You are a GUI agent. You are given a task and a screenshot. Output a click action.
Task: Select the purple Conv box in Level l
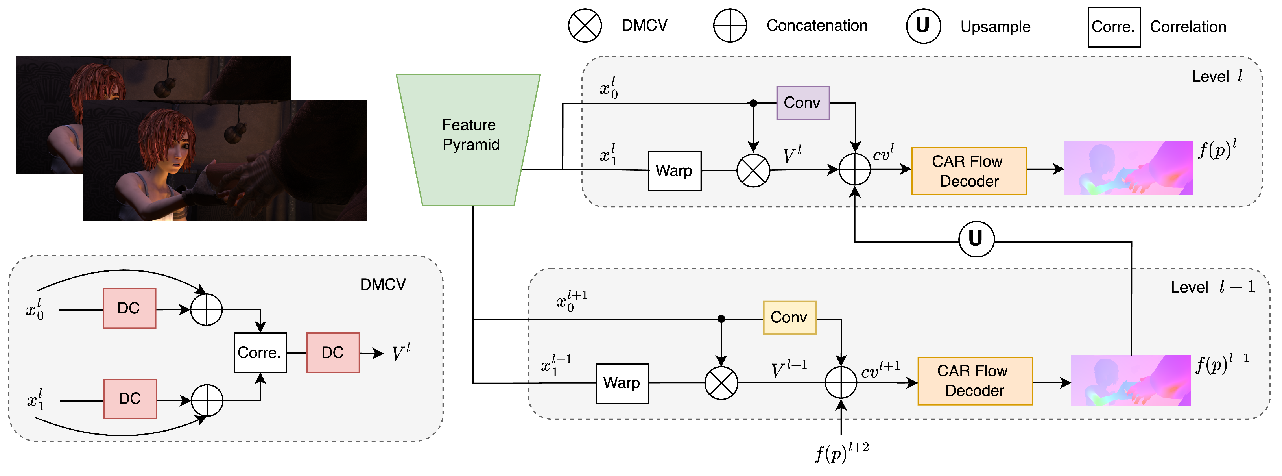click(x=802, y=103)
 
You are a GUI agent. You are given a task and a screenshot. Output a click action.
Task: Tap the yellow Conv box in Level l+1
click(x=789, y=317)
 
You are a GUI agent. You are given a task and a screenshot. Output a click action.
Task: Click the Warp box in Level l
click(x=674, y=171)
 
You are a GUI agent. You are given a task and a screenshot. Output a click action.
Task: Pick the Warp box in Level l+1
click(x=622, y=383)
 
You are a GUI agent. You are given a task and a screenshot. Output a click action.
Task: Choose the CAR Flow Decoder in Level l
click(x=968, y=171)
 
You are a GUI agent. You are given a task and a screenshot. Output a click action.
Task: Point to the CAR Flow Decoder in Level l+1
click(x=974, y=381)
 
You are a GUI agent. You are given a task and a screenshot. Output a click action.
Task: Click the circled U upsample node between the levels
click(x=976, y=239)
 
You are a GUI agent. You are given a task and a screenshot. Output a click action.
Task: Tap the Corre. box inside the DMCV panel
click(x=260, y=352)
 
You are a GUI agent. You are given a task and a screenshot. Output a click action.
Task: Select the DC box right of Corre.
click(x=332, y=352)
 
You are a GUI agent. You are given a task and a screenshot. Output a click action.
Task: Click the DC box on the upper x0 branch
click(x=129, y=308)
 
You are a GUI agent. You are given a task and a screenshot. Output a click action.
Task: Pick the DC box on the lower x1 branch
click(x=130, y=399)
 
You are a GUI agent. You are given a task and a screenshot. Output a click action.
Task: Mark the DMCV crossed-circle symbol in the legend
click(x=585, y=25)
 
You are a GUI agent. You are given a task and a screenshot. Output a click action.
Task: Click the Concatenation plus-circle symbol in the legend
click(x=730, y=25)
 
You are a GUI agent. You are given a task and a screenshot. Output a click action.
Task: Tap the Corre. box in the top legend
click(x=1113, y=27)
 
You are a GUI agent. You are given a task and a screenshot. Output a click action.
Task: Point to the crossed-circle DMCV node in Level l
click(x=753, y=170)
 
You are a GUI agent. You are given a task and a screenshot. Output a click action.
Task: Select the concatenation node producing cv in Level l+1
click(x=841, y=382)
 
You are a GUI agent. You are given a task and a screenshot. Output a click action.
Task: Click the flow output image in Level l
click(x=1128, y=168)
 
